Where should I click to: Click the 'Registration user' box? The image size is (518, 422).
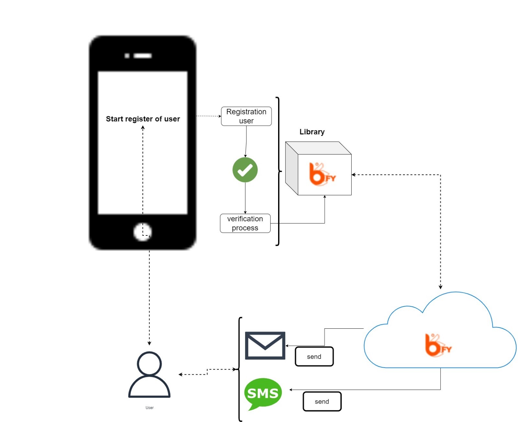246,116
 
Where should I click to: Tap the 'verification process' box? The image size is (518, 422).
245,223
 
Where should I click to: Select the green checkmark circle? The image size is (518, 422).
245,170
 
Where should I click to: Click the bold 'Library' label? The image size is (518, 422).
312,132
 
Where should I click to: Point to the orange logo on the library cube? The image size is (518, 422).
322,174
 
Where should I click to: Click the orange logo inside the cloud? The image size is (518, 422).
438,345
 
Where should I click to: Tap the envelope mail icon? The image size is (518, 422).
265,345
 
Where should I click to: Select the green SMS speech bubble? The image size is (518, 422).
263,394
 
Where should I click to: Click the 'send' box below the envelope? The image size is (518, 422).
314,356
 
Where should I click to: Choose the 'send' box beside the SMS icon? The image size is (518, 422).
322,401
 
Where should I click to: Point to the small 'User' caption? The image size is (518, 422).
149,408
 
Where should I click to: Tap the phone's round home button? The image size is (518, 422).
143,232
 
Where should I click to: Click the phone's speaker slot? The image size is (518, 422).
142,56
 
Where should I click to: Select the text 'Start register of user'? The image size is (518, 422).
143,119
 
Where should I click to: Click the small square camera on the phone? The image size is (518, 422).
127,56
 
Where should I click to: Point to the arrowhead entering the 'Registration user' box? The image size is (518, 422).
220,116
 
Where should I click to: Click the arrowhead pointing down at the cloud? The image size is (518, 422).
440,287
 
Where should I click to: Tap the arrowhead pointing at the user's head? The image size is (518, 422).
149,343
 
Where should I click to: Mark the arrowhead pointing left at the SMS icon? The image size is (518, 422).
291,390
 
